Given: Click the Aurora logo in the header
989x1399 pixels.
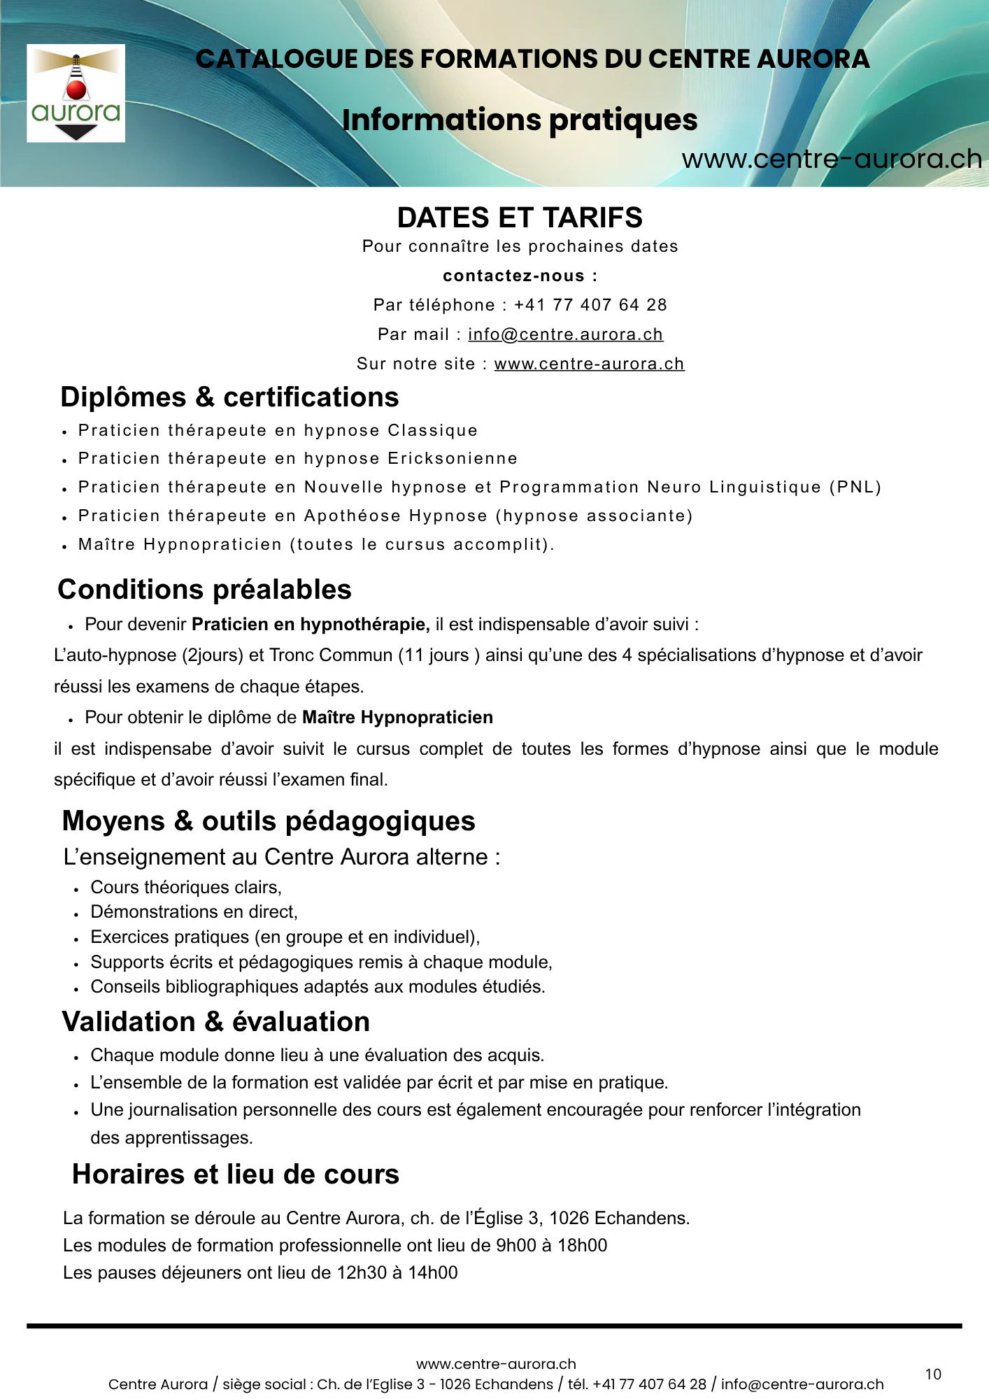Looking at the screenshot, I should tap(76, 93).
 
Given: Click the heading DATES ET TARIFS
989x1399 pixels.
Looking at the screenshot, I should tap(520, 218).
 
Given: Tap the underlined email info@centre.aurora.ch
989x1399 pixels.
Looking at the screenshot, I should tap(565, 334).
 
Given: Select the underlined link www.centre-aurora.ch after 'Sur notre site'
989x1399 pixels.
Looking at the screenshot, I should tap(589, 364).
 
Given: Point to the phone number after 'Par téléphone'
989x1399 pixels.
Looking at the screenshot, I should tap(590, 305).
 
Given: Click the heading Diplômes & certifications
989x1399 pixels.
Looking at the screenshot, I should tap(229, 397).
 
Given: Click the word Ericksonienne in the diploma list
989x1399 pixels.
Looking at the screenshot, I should tap(453, 459).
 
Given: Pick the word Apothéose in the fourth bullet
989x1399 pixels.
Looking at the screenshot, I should tap(352, 516).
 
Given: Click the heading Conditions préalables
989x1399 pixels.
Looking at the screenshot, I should tap(204, 590).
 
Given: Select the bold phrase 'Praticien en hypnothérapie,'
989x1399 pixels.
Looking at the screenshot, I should tap(311, 624).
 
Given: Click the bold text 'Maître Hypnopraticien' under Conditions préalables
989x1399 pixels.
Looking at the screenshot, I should tap(397, 717).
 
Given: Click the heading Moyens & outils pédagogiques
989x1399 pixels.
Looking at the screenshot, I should tap(269, 821).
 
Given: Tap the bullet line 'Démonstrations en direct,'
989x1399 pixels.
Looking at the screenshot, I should tap(194, 911).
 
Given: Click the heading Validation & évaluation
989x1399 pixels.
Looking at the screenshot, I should tap(215, 1022).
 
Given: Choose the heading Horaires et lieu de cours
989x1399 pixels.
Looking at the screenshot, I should tap(236, 1174).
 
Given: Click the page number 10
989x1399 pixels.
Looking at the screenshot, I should tap(933, 1375).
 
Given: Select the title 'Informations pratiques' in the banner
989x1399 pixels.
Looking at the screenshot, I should tap(520, 120).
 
